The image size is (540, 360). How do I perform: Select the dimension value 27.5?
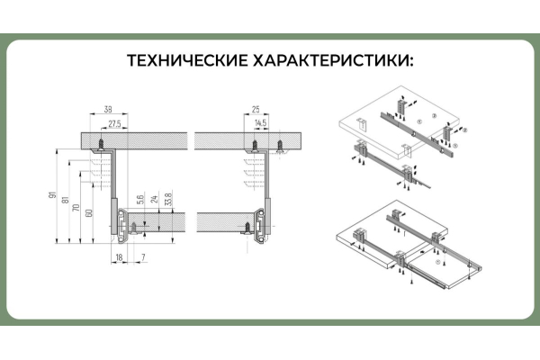[x=114, y=121]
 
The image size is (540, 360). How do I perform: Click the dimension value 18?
[x=119, y=257]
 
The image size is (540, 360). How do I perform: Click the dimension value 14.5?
[x=261, y=121]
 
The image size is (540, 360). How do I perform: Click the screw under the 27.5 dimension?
[x=104, y=141]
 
